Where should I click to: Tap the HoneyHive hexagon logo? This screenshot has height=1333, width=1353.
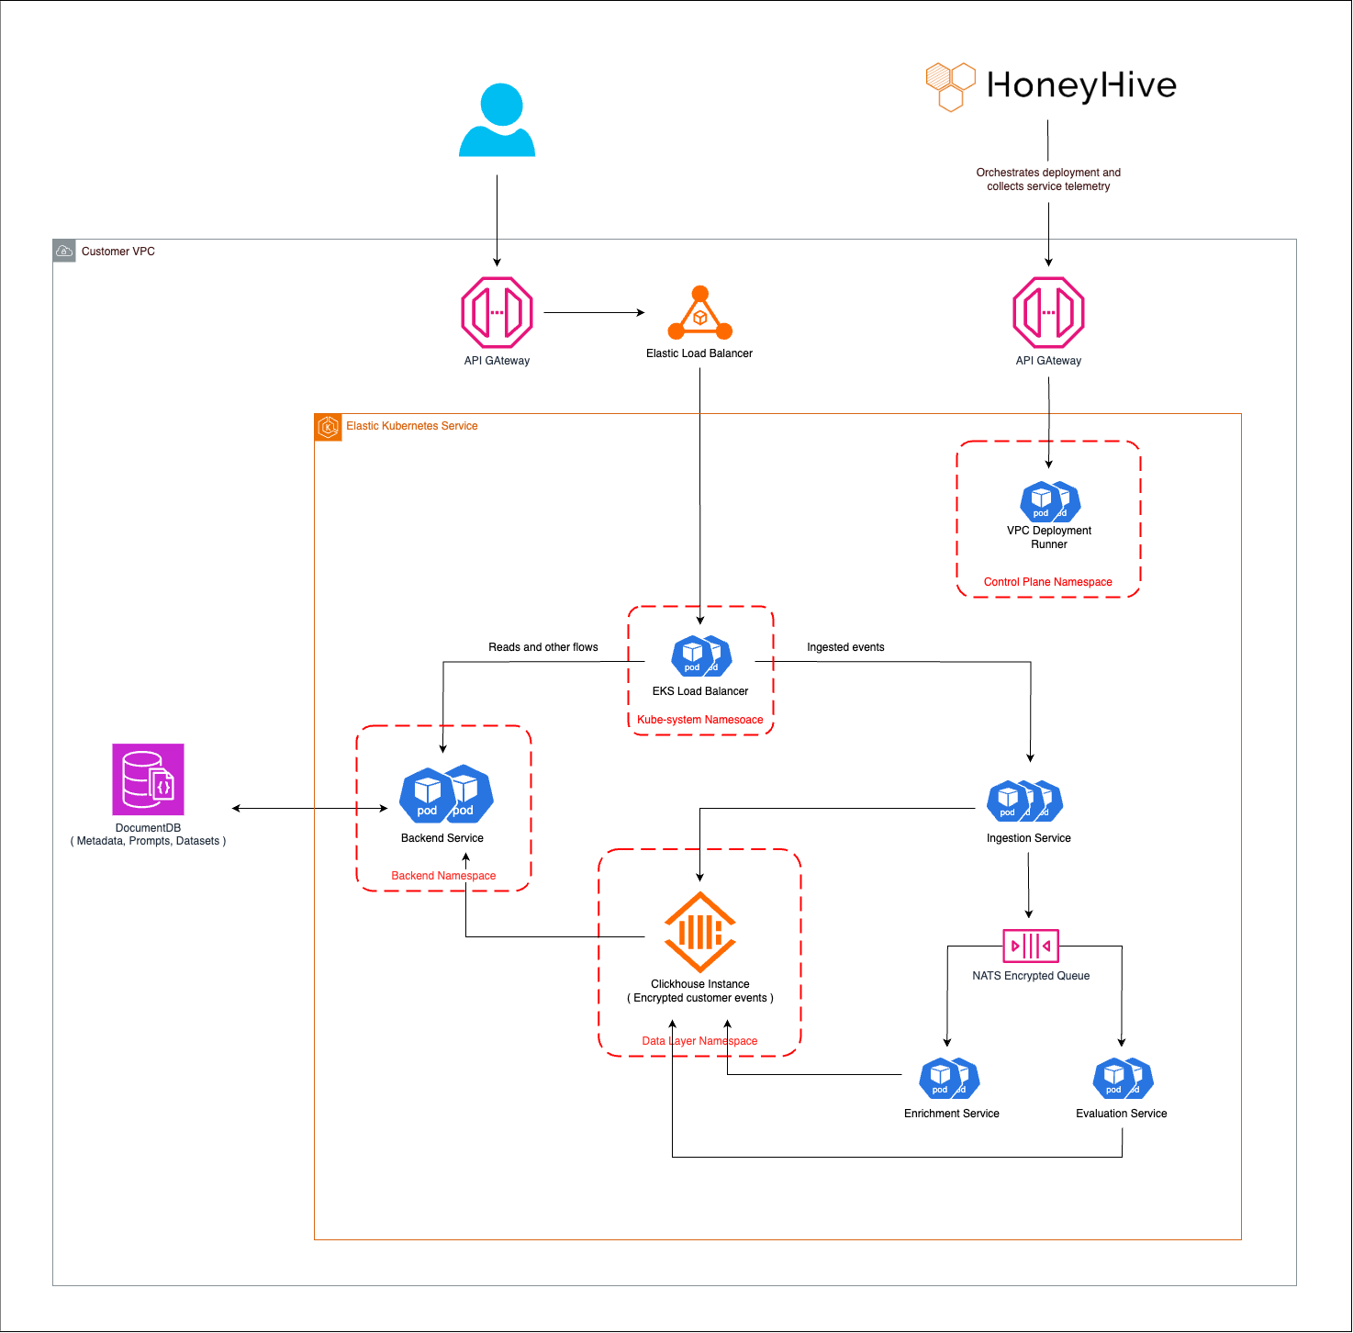[x=950, y=86]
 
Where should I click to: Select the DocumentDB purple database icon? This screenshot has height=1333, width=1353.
[x=148, y=779]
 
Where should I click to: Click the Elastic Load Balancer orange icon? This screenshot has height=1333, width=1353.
[x=700, y=314]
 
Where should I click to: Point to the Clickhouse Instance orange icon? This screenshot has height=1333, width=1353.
[x=700, y=932]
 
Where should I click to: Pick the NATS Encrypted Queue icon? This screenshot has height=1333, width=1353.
[x=1031, y=945]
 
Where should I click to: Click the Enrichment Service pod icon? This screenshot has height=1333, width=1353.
[x=950, y=1079]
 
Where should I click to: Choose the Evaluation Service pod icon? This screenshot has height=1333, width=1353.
[x=1123, y=1079]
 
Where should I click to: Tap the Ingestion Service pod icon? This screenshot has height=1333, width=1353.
[x=1024, y=801]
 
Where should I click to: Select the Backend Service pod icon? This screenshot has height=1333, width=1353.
[x=446, y=795]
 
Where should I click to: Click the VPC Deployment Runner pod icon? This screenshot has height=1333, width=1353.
[x=1050, y=501]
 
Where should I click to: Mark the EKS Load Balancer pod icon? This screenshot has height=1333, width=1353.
[x=701, y=656]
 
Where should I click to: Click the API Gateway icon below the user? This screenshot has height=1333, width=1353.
[x=497, y=313]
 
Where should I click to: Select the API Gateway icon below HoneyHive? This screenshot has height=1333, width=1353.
[x=1048, y=313]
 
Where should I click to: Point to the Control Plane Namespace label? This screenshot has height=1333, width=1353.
[x=1047, y=582]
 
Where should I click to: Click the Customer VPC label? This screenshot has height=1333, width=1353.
[x=117, y=252]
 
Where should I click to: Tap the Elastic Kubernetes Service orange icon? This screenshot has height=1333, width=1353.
[x=328, y=427]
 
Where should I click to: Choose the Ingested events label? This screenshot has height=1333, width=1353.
[x=845, y=647]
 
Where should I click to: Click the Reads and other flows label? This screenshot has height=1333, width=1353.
[x=542, y=647]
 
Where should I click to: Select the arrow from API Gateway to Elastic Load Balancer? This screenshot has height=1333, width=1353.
[x=594, y=313]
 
